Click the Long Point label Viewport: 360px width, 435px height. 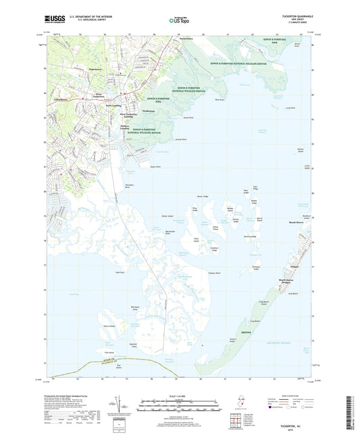coord(290,107)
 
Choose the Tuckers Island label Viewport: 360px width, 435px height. coord(234,338)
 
